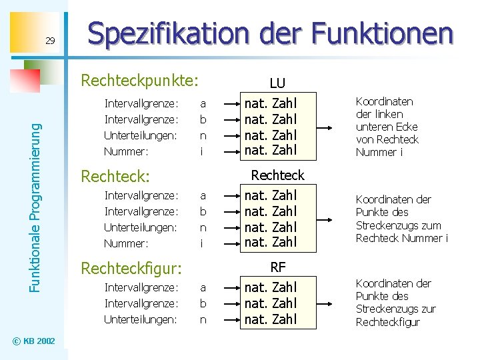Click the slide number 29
(50, 41)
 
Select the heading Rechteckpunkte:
(139, 81)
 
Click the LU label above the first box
(277, 83)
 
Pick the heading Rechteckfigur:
(131, 268)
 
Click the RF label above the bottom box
(277, 267)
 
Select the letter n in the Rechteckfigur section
(203, 319)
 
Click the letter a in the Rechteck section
(203, 195)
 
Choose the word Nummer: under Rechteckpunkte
(126, 151)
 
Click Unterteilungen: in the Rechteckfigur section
(141, 319)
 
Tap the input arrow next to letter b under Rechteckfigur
(231, 303)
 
